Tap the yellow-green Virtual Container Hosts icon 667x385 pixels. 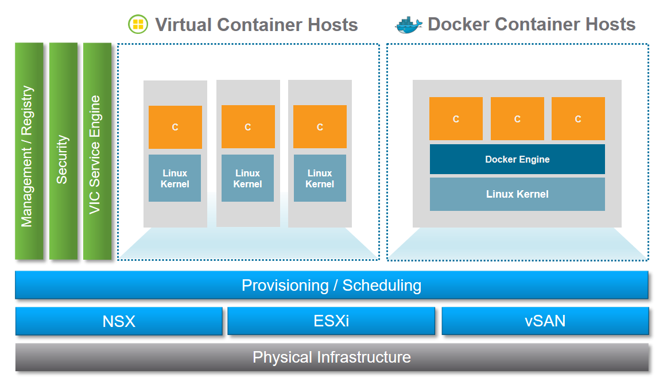pos(138,24)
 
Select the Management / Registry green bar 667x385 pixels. pos(29,151)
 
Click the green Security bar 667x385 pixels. pos(63,151)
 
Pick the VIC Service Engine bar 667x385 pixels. pos(97,151)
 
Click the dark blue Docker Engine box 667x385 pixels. pos(517,159)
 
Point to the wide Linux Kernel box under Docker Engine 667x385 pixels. pos(517,194)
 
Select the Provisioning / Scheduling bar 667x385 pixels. pos(331,285)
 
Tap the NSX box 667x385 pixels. pos(119,321)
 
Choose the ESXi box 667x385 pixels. pos(331,321)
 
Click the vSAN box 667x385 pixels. pos(545,321)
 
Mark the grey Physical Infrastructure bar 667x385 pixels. pos(331,357)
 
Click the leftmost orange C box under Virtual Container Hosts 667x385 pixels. pos(175,127)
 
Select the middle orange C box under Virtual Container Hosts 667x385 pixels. pos(248,127)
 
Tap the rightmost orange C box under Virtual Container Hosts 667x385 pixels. pos(320,127)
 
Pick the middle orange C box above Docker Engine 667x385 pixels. pos(517,119)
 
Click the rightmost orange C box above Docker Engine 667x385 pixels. pos(578,119)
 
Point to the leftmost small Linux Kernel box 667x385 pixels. pos(175,178)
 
